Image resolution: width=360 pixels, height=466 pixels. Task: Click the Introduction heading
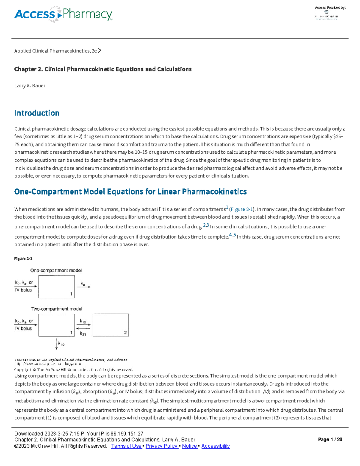pos(37,113)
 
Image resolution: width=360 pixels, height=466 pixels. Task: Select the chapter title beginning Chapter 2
pos(103,69)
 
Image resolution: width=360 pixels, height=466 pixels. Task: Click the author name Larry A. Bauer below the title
pos(30,86)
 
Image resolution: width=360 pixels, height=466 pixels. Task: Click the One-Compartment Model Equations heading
pos(130,192)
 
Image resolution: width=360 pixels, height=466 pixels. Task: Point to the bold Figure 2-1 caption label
pos(23,259)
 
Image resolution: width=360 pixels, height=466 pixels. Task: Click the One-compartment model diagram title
pos(56,270)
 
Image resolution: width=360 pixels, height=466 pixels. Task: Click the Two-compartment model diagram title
pos(57,309)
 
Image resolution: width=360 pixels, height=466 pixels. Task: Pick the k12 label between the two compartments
pos(83,321)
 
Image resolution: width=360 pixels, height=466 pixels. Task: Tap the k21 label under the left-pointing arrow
pos(83,334)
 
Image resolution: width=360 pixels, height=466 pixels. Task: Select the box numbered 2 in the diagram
pos(111,325)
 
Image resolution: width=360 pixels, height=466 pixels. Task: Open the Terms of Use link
pos(126,446)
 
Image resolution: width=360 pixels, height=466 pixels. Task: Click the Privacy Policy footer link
pos(162,446)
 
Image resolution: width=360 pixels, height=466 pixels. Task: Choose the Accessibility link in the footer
pos(215,446)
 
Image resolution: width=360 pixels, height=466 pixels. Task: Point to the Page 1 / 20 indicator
pos(330,440)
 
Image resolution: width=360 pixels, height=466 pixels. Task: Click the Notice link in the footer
pos(189,446)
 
